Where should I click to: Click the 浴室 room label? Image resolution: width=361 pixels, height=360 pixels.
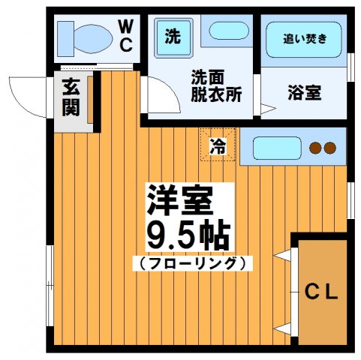coord(303,94)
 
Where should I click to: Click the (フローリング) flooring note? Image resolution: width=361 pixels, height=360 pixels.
coord(192,263)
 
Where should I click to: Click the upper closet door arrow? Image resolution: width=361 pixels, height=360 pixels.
coord(283,256)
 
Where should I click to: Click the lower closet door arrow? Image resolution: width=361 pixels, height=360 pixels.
coord(283,328)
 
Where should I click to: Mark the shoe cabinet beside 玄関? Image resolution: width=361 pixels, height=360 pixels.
coord(91,100)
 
